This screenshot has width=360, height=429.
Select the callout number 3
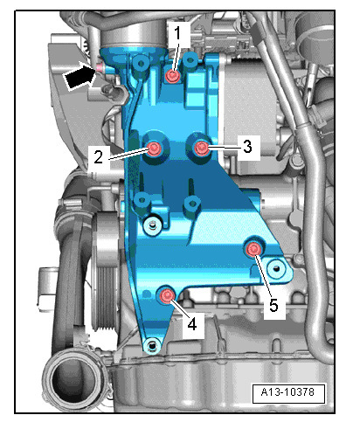point(248,147)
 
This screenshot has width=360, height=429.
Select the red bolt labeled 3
point(202,148)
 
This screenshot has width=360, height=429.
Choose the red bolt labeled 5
point(253,252)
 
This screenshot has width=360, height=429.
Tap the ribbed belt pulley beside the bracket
point(102,280)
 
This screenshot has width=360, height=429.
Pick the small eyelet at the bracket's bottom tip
point(154,345)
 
